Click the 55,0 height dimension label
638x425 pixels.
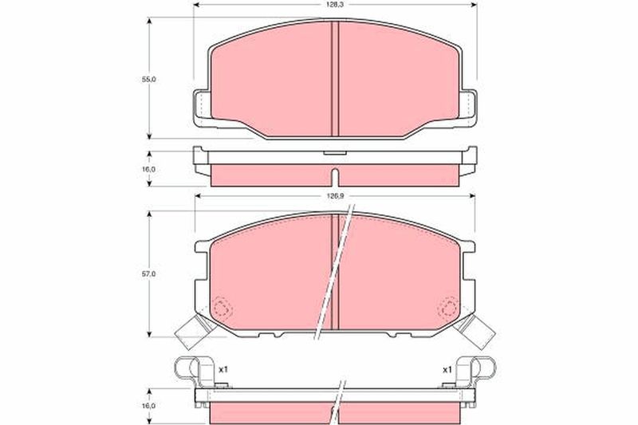[149, 79]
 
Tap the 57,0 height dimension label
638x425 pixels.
[149, 274]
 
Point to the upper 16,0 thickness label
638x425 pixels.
[149, 169]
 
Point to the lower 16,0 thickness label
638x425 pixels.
[149, 406]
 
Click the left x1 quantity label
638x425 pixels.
[223, 370]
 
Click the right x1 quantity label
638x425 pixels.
[447, 370]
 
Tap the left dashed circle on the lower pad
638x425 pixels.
[223, 308]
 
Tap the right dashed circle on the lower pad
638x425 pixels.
[448, 308]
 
